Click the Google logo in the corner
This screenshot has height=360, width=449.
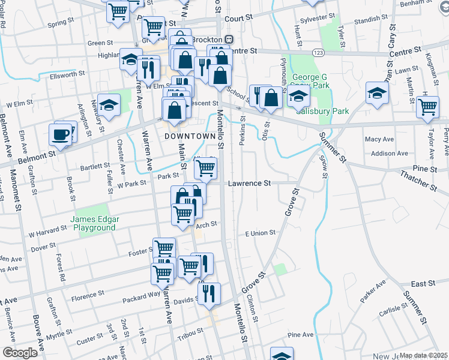tap(20, 352)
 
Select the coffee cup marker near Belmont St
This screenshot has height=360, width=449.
tap(60, 134)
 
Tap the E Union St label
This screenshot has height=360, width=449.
tap(259, 232)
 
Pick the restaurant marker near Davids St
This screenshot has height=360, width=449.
tap(209, 293)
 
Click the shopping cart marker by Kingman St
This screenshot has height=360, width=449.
tap(427, 107)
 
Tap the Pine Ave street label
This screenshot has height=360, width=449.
tap(301, 335)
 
